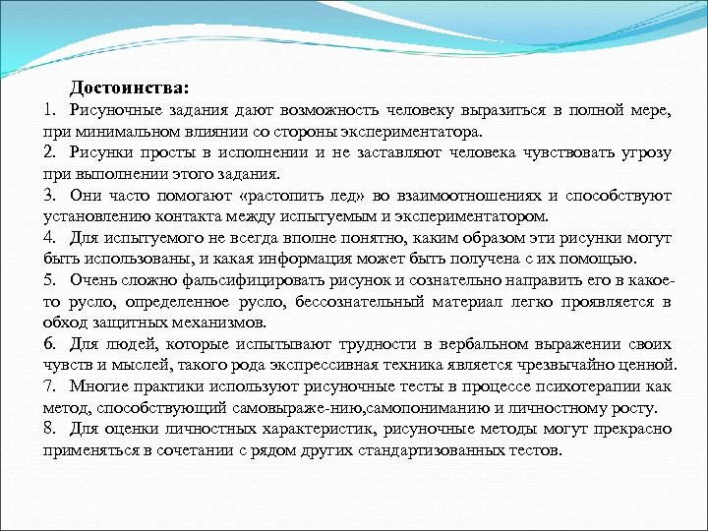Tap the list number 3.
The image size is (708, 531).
point(49,195)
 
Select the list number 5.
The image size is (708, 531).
point(49,279)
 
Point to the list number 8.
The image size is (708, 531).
point(49,429)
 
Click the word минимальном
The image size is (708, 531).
point(114,131)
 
